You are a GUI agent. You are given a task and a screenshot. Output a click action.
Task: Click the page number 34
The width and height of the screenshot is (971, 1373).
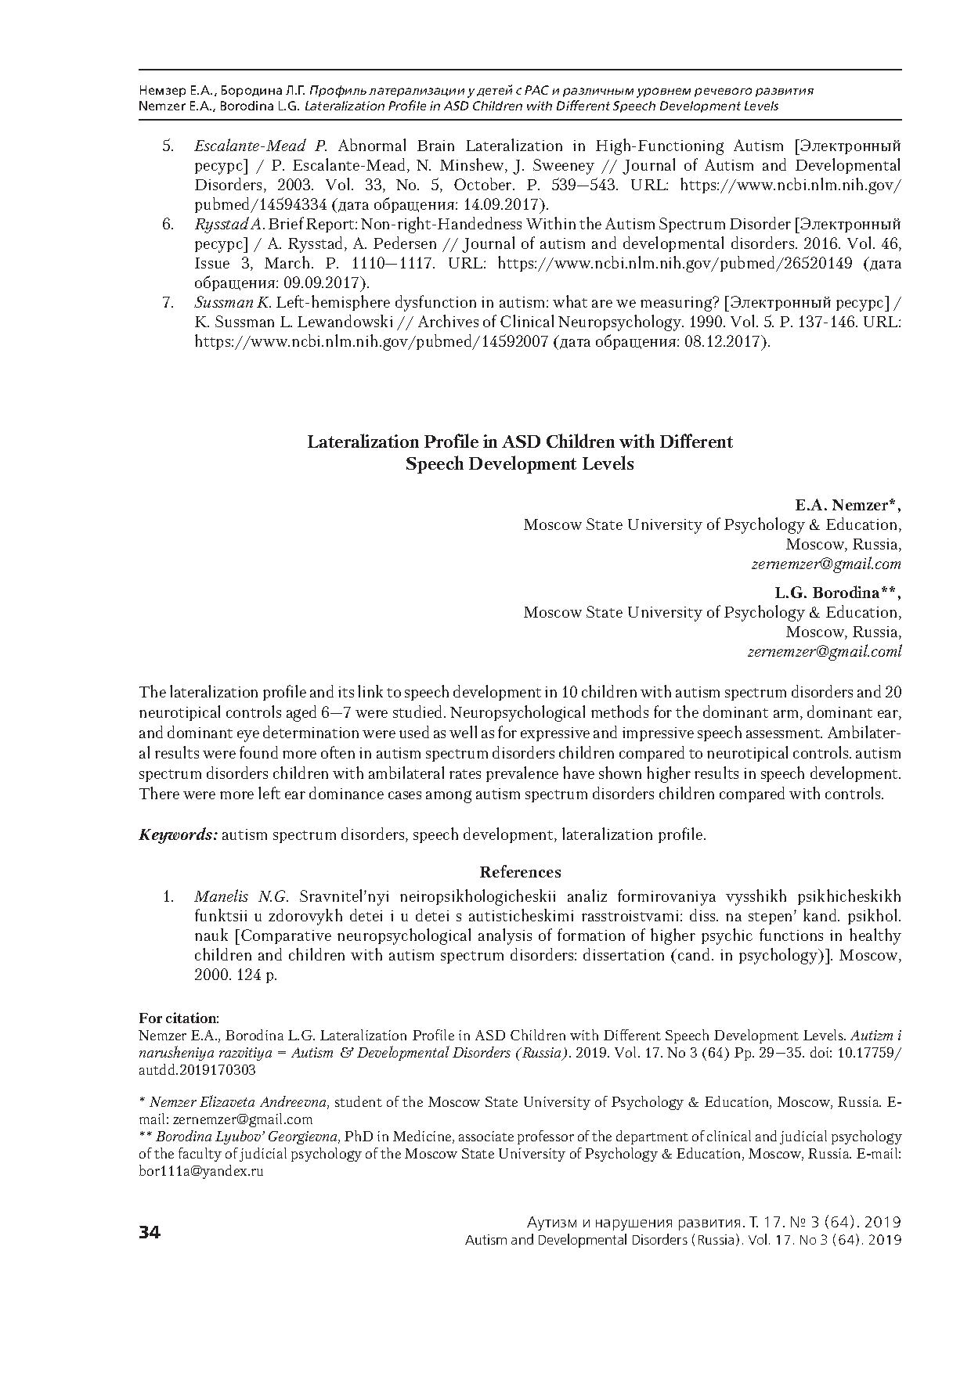(150, 1232)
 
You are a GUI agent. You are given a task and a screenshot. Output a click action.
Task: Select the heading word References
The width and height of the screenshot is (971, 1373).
(520, 872)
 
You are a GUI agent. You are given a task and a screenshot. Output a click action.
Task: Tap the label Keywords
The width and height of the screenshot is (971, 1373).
(178, 834)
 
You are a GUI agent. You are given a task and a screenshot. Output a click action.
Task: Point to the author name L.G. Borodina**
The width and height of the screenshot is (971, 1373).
(838, 593)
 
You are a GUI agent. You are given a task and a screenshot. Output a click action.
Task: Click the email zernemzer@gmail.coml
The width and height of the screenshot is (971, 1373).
(824, 651)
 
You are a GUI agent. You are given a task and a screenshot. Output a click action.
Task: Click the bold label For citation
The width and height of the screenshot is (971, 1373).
(179, 1018)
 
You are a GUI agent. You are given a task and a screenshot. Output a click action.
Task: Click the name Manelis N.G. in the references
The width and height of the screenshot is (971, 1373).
(242, 896)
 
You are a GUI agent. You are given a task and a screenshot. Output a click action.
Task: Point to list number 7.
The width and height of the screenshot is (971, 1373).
(168, 303)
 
